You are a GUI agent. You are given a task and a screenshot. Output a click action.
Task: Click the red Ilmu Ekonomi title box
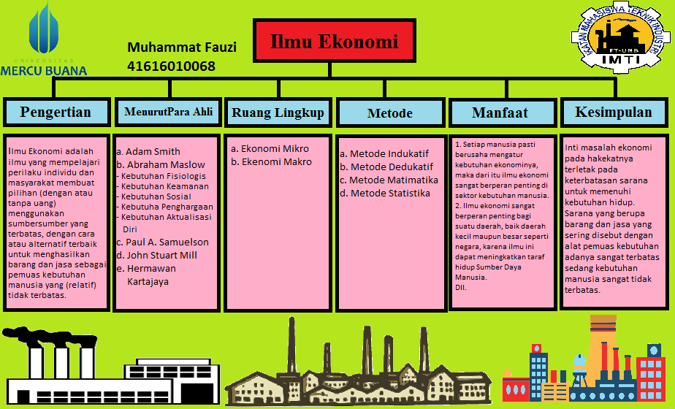coord(335,42)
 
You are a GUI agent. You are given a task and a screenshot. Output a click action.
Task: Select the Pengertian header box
coord(56,112)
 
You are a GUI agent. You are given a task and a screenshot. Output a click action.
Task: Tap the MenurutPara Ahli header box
coord(168,112)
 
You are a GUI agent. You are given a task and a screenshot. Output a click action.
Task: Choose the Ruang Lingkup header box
coord(278,112)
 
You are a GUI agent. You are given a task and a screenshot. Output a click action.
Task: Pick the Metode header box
coord(389,113)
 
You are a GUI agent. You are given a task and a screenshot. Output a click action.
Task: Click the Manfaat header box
coord(500,113)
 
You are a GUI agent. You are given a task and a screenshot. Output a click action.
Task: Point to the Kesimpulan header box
coord(613,112)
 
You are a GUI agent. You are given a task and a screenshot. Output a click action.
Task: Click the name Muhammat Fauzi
coord(182,47)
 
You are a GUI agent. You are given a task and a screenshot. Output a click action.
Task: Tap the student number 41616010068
coord(171,66)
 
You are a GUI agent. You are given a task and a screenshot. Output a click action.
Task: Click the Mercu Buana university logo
coord(44,40)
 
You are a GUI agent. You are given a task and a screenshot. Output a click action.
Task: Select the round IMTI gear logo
coord(621,40)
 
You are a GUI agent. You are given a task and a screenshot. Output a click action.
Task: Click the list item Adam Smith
coord(148,152)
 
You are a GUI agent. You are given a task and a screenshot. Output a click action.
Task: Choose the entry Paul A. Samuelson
coord(162,242)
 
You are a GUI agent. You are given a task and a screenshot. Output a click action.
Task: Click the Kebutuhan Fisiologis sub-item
coord(163,176)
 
